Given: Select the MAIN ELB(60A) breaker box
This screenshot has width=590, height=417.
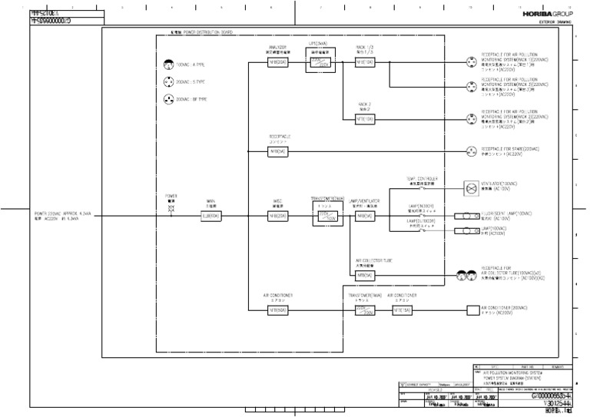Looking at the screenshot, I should click(210, 217).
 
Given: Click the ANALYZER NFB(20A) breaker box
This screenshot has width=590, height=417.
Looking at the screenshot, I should click(277, 62).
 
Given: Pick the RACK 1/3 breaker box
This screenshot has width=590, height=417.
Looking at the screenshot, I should click(364, 62).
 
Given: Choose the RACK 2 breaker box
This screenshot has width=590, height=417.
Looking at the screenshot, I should click(364, 119).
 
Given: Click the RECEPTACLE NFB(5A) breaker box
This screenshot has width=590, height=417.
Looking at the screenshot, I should click(277, 151).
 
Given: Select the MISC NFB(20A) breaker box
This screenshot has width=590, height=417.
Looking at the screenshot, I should click(277, 217).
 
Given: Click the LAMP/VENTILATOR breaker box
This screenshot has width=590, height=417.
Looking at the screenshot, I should click(364, 217).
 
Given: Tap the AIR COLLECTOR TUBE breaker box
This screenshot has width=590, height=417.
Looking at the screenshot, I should click(364, 275).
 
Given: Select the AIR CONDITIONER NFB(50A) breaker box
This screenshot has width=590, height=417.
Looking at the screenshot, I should click(277, 310).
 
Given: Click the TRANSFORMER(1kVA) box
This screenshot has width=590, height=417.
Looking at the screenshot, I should click(365, 310).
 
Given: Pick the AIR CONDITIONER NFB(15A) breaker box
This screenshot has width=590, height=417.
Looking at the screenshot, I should click(402, 310).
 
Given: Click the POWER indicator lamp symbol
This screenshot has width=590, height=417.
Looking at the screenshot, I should click(171, 207).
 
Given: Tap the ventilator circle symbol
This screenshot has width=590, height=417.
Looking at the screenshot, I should click(471, 187).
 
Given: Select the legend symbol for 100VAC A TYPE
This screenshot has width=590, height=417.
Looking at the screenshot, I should click(168, 65).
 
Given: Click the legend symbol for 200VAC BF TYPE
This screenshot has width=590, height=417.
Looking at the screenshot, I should click(168, 100).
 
